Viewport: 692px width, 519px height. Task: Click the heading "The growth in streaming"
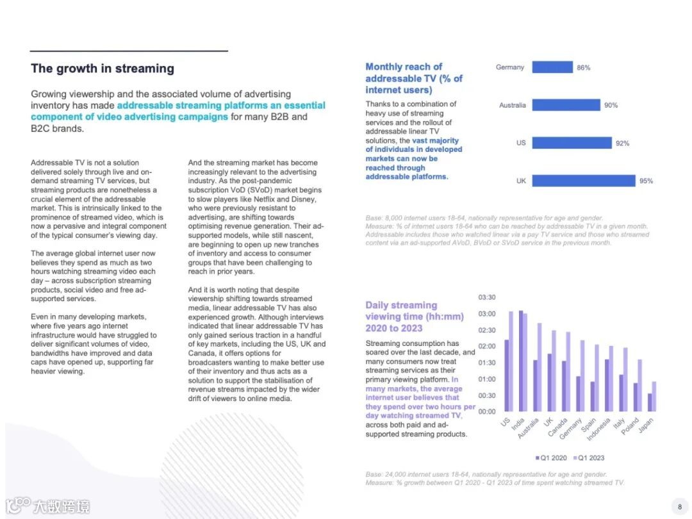click(x=103, y=69)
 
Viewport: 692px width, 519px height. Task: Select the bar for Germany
click(x=552, y=67)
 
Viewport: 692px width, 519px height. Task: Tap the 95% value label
click(x=646, y=181)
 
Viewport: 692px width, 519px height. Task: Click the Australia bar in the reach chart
click(x=566, y=105)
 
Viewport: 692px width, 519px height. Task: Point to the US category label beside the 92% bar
click(x=521, y=144)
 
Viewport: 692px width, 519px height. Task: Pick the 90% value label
click(x=611, y=105)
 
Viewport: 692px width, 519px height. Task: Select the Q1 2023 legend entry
click(x=589, y=457)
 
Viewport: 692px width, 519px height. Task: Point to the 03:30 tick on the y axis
click(x=487, y=298)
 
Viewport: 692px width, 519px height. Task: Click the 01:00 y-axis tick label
click(x=487, y=379)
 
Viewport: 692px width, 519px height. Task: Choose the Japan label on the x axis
click(x=646, y=427)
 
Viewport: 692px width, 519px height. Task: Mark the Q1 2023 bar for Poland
click(x=639, y=385)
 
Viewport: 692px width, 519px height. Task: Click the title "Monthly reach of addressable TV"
click(x=414, y=78)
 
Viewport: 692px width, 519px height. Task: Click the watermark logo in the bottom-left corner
click(x=48, y=506)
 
